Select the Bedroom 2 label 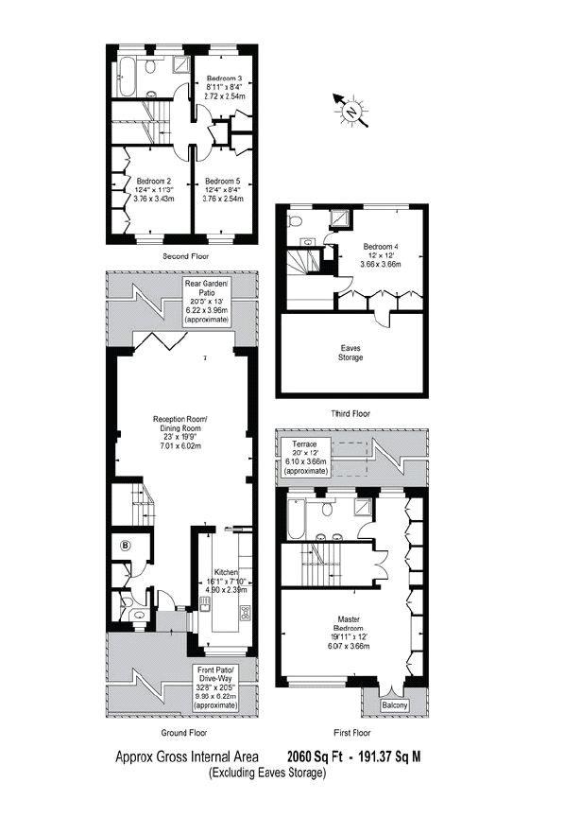pos(153,181)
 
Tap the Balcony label pos(395,705)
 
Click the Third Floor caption pos(350,413)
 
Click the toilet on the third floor pos(295,223)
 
